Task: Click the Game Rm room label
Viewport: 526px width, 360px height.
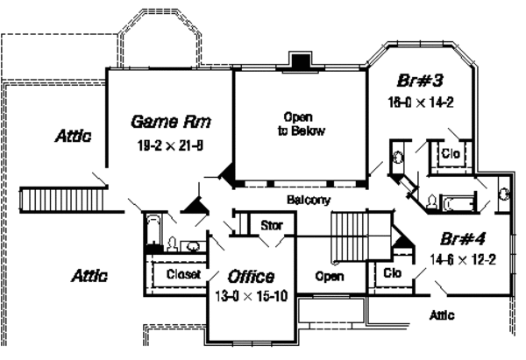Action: [x=170, y=120]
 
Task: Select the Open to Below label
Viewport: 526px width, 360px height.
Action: [x=298, y=123]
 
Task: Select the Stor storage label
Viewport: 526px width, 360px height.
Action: [x=271, y=226]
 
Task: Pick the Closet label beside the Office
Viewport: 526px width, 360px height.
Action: [x=184, y=274]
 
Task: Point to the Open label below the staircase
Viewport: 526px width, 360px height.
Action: [x=329, y=277]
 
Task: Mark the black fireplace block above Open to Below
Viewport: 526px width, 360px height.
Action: [x=301, y=62]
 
